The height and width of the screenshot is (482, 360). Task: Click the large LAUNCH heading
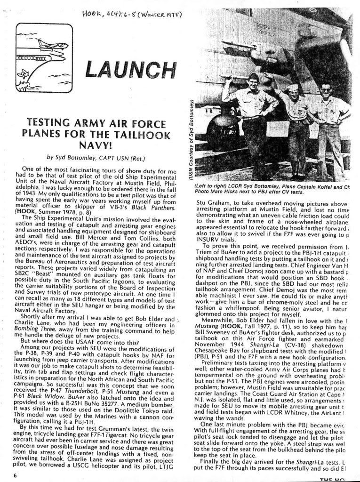[128, 69]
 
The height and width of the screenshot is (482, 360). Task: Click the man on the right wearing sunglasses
[327, 89]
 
